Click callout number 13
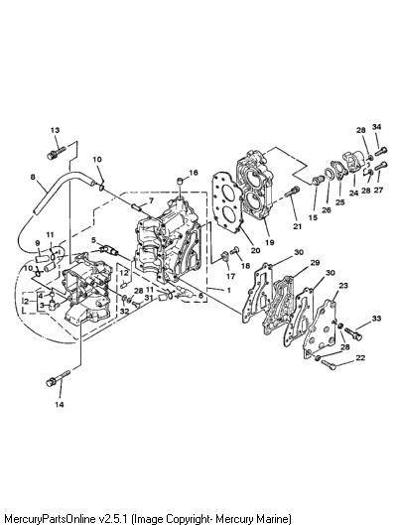(55, 130)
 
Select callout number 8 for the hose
(33, 177)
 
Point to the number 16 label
(194, 173)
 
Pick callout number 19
(270, 242)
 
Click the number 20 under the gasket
(255, 250)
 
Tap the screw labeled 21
(292, 192)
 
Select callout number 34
(376, 127)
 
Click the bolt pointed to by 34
(380, 152)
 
